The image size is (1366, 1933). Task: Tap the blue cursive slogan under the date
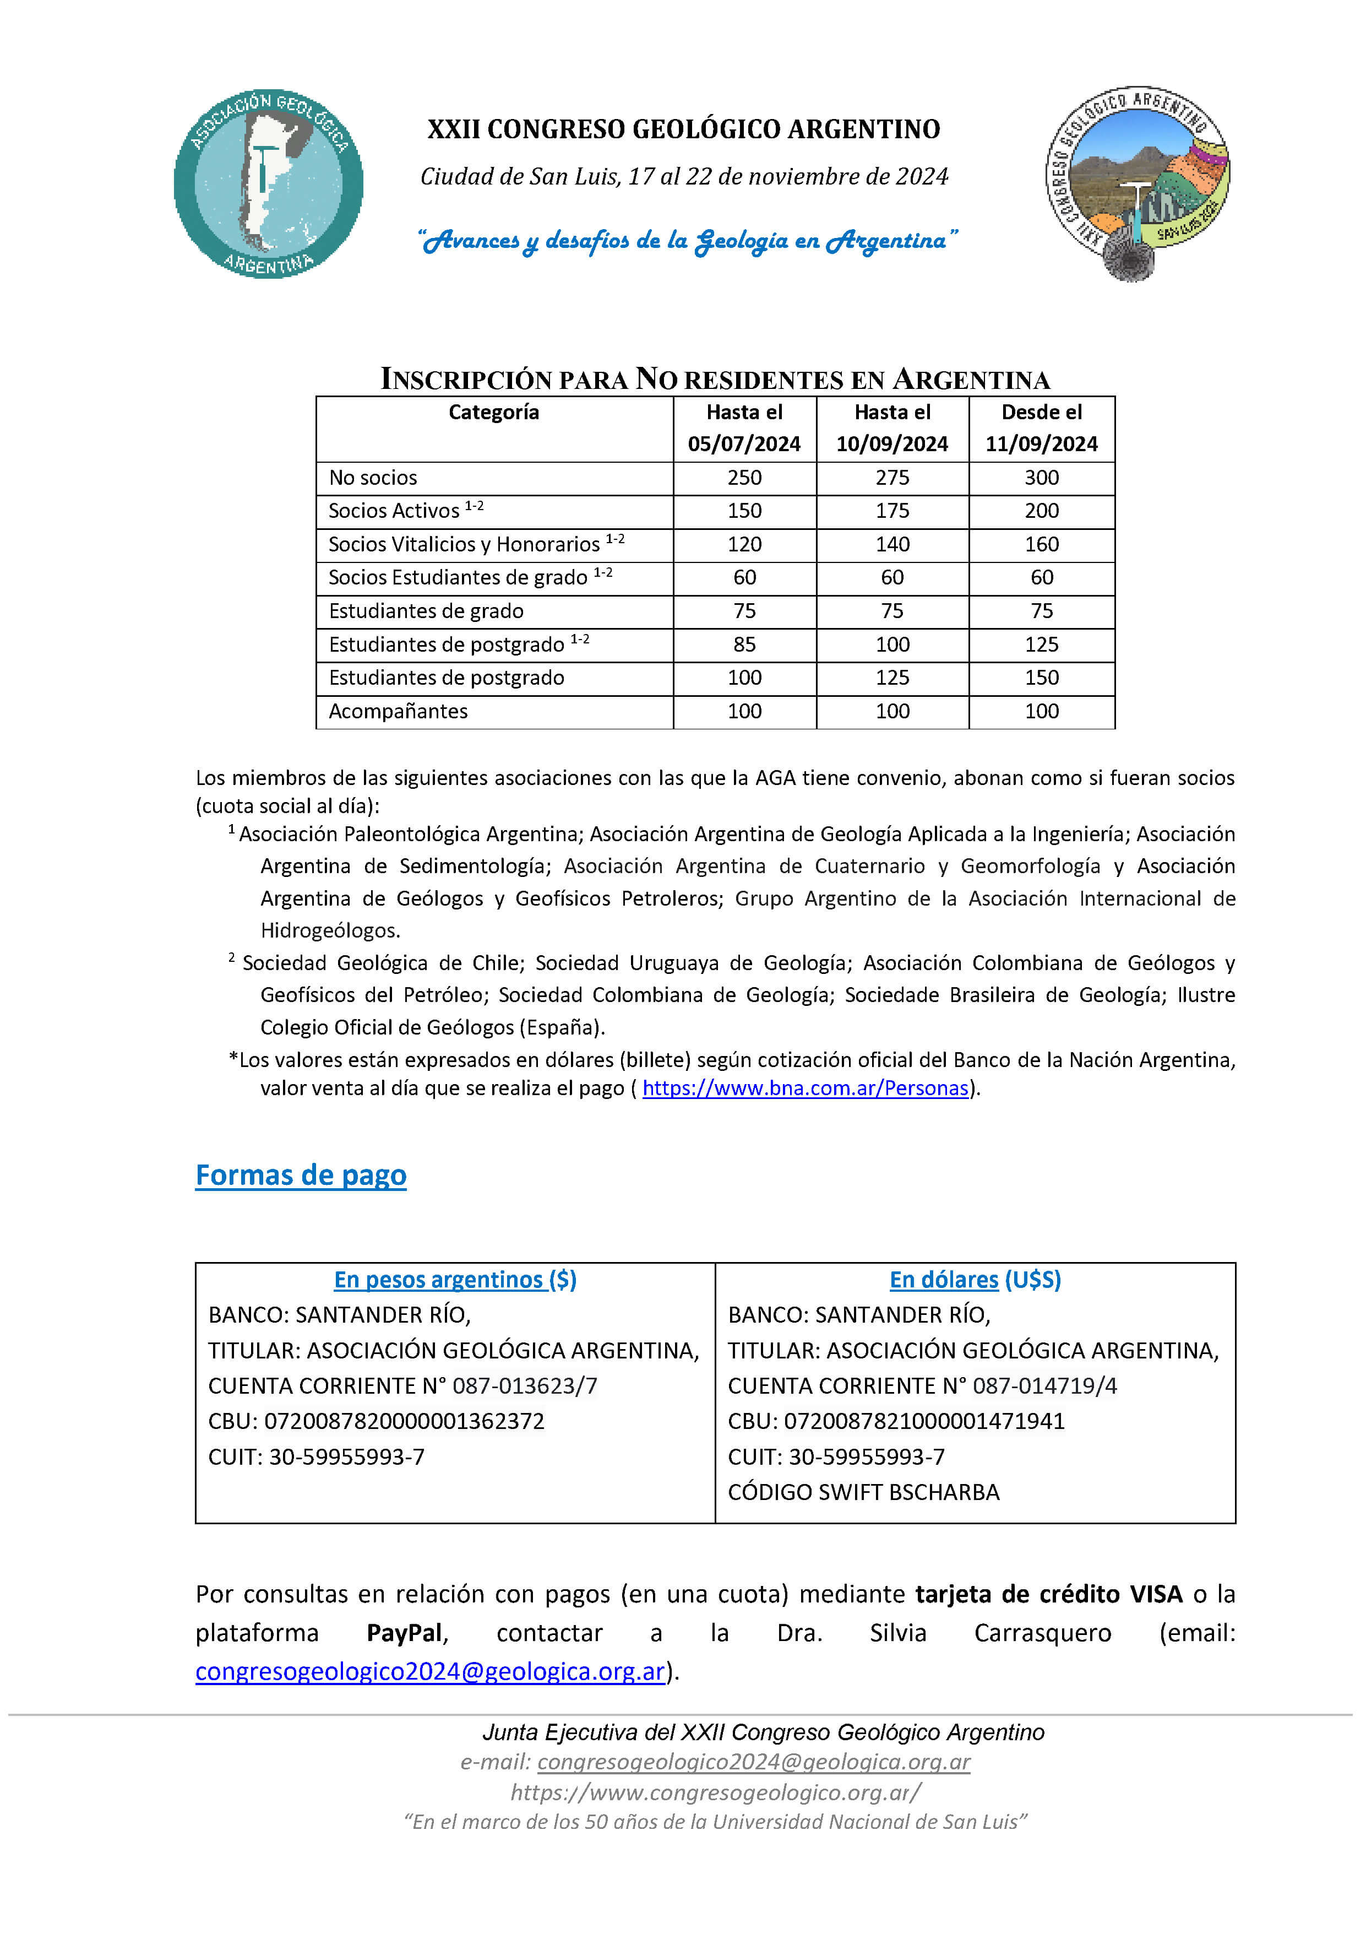688,242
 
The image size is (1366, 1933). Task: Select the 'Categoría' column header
493,413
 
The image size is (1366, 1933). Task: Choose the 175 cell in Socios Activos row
891,511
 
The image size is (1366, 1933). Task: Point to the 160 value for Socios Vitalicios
1041,545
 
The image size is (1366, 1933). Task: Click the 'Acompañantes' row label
398,711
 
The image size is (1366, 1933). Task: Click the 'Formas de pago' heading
301,1176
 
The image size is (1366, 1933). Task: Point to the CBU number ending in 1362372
404,1422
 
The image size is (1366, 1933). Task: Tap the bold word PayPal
405,1633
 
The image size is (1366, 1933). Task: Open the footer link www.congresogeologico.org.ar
715,1793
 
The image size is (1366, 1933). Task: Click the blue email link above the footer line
430,1672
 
